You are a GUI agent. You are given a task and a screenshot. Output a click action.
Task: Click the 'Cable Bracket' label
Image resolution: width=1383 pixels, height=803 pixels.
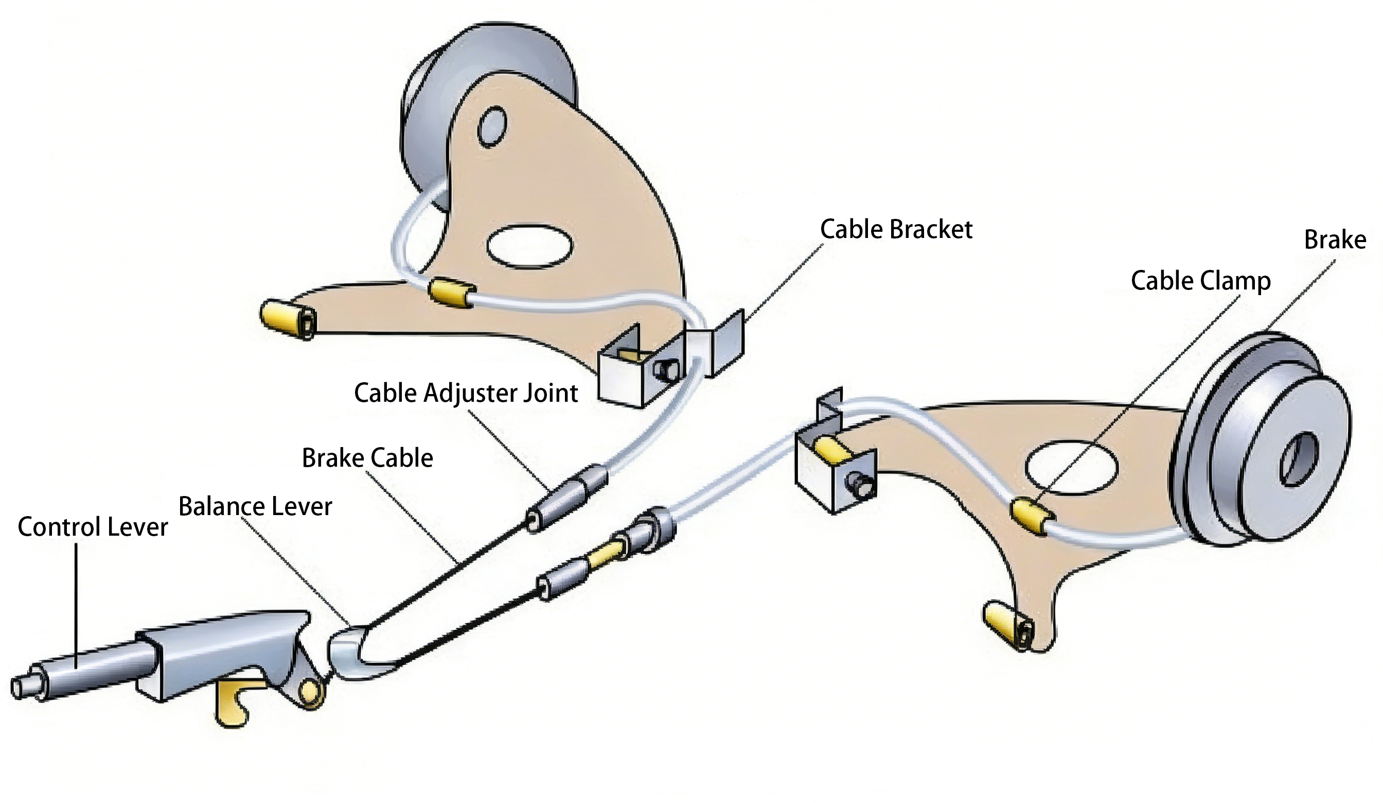coord(896,230)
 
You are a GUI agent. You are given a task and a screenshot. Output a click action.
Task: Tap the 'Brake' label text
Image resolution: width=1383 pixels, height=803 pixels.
coord(1335,240)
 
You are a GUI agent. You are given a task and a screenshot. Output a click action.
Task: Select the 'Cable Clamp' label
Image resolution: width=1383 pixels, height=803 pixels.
coord(1200,281)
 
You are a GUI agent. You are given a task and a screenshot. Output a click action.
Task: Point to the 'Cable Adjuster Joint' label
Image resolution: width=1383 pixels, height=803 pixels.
coord(466,394)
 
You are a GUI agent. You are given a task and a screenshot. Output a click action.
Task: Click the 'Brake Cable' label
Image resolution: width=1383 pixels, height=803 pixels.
coord(367,458)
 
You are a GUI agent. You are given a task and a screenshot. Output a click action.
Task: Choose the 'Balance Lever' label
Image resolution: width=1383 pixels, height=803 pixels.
coord(255,506)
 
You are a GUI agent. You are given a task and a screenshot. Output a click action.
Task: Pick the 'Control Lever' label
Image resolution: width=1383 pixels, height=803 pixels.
coord(92,527)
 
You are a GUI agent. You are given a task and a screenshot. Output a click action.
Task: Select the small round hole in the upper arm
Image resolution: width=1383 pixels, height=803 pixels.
coord(492,127)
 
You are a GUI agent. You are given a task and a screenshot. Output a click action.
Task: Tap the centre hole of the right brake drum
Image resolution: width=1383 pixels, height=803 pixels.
coord(1299,459)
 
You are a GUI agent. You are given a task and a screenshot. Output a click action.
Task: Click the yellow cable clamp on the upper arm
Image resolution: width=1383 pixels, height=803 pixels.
coord(451,292)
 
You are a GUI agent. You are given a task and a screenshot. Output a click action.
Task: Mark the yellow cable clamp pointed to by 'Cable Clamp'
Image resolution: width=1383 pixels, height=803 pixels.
coord(1032,516)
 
